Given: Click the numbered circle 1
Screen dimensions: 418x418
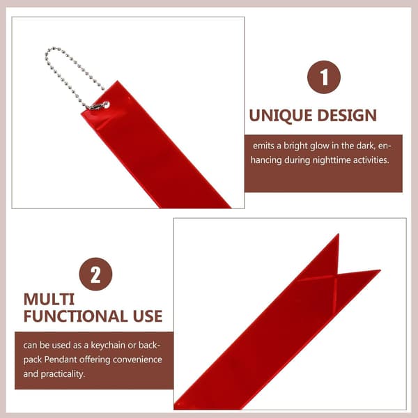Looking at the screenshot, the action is (x=324, y=77).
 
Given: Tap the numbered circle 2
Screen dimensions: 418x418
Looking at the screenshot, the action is (x=95, y=274).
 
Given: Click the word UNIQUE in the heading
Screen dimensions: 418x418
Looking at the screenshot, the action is (x=281, y=116).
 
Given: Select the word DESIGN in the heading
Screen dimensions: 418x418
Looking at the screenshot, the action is (x=347, y=116).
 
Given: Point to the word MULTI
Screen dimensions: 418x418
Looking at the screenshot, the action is (x=49, y=300).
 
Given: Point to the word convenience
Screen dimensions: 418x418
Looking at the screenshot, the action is (x=137, y=359).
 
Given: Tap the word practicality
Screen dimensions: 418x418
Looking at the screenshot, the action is (x=63, y=374).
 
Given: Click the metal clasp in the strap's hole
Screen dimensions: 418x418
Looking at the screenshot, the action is (x=100, y=106).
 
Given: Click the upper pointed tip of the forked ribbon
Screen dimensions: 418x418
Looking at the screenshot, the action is (x=339, y=234).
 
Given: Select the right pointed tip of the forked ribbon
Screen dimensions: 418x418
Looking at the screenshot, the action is (x=380, y=270).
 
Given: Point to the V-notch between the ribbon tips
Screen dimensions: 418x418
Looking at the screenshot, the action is (x=338, y=274).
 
